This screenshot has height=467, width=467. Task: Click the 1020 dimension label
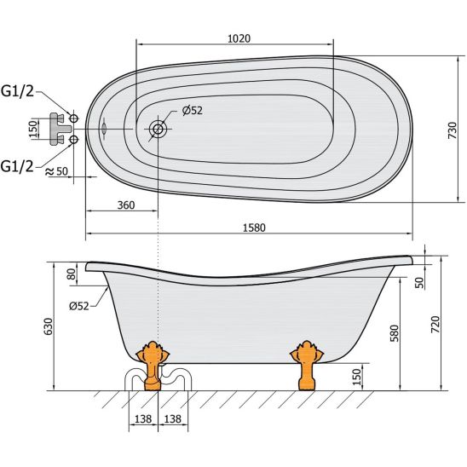click(239, 38)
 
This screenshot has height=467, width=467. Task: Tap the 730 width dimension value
click(453, 130)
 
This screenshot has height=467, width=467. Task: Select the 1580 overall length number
click(254, 228)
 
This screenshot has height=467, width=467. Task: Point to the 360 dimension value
click(126, 205)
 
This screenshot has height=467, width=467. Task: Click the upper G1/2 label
click(18, 91)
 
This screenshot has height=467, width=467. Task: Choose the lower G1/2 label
click(17, 166)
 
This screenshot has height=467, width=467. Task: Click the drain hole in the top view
click(158, 130)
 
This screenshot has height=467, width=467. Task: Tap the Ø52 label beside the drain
click(193, 111)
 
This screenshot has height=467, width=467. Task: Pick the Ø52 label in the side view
click(79, 306)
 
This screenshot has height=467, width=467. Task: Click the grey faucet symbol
click(60, 129)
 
